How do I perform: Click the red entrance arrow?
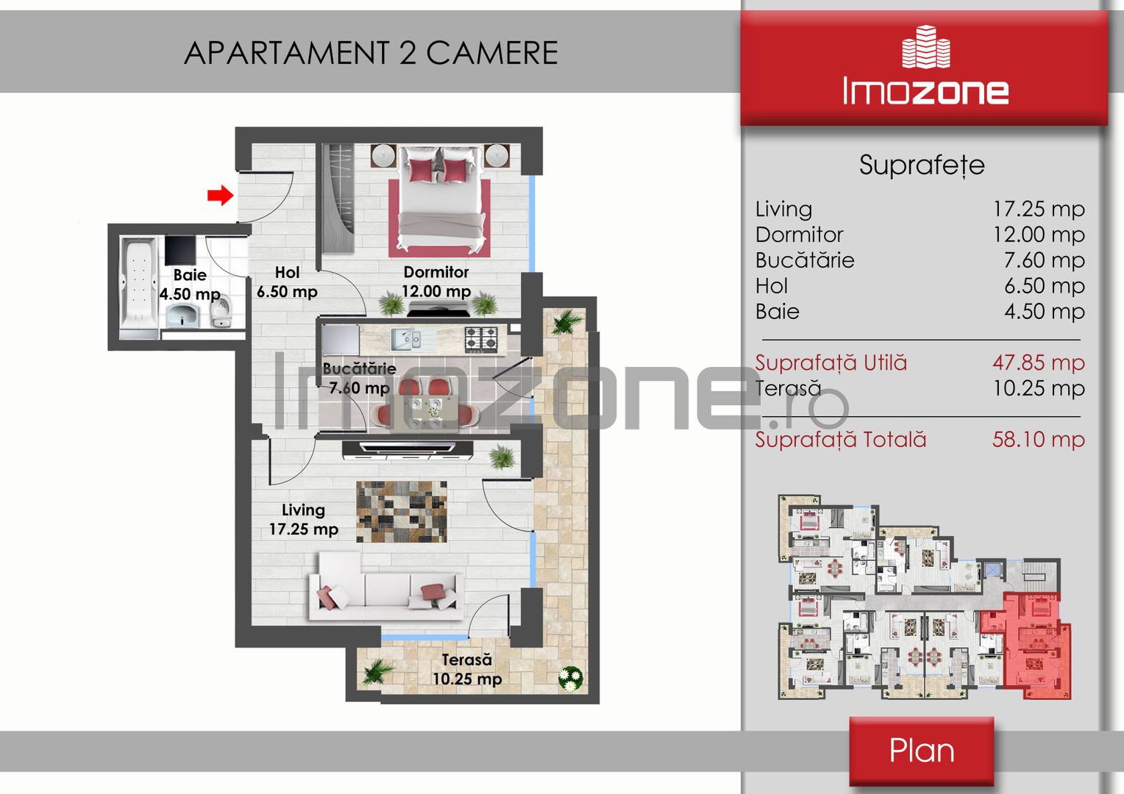click(220, 195)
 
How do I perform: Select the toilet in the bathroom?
click(221, 311)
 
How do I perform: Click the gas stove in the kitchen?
click(480, 339)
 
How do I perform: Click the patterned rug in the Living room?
click(402, 512)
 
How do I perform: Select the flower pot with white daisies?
click(571, 679)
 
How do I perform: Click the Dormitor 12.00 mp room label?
click(436, 282)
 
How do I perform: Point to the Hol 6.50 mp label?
click(287, 282)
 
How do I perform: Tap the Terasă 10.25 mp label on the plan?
click(466, 669)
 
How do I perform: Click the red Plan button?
click(921, 751)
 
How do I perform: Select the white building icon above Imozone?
click(926, 46)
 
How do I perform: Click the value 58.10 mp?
click(1038, 440)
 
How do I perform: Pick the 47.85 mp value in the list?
click(1038, 362)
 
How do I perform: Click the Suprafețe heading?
click(922, 165)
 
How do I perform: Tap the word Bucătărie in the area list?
click(804, 260)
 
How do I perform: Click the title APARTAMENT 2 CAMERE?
click(371, 53)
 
